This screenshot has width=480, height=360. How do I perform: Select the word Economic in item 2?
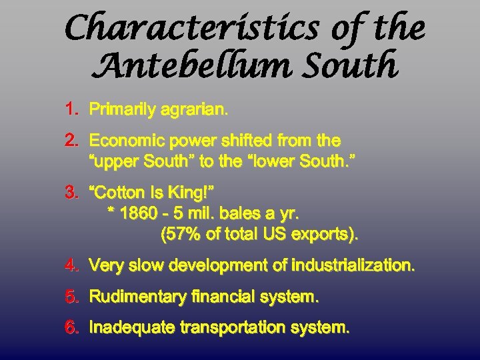click(x=125, y=141)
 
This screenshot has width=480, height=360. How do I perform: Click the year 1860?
click(x=139, y=214)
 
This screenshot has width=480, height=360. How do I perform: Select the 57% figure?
click(x=179, y=235)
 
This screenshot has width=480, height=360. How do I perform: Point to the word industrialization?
click(x=353, y=266)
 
